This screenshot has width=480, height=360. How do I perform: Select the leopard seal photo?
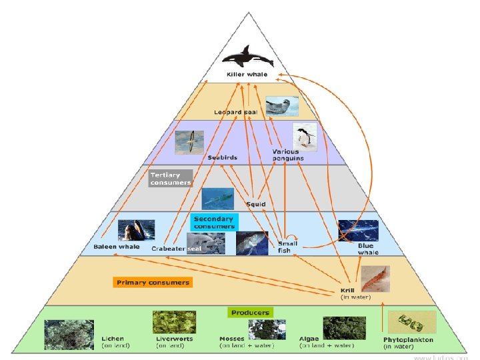point(281,106)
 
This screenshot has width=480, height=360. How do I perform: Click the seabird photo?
point(189,142)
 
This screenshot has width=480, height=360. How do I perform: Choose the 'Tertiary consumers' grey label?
point(171,179)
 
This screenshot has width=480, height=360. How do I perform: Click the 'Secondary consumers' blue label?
point(213,222)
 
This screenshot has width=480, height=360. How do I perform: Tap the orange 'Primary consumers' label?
point(153,283)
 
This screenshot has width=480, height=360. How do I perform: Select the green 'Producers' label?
point(250,312)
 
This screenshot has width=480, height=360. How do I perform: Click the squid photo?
point(218,198)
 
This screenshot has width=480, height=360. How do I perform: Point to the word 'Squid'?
point(256,204)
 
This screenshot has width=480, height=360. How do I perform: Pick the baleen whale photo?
point(136,230)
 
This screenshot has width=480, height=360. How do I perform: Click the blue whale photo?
point(358,230)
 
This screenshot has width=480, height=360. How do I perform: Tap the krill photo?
point(375,279)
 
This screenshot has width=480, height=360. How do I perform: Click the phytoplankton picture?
point(411,323)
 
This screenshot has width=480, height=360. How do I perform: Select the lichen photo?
point(69,334)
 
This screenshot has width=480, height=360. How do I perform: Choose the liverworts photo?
point(174,322)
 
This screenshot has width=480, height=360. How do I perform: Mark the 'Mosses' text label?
point(231,339)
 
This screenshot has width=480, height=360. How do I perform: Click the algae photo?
point(344,329)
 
